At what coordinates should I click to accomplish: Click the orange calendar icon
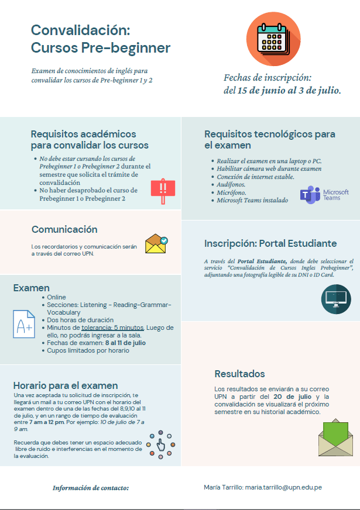274,39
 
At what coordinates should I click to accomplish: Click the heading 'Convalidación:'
80,30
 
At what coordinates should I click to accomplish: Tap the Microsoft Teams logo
324,195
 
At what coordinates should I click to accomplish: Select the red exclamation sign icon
163,188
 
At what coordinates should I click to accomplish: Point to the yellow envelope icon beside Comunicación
156,243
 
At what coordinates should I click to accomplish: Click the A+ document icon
25,323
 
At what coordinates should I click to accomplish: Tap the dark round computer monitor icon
336,299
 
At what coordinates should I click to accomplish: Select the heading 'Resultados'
239,374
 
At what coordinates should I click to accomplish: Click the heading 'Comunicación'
64,229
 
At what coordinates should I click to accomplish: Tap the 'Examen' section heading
32,288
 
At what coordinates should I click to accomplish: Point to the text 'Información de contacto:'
91,487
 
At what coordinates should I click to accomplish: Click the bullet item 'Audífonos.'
231,184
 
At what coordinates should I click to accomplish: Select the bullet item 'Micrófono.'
232,192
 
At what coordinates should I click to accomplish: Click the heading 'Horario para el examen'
66,385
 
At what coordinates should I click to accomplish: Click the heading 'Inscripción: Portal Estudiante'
270,243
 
